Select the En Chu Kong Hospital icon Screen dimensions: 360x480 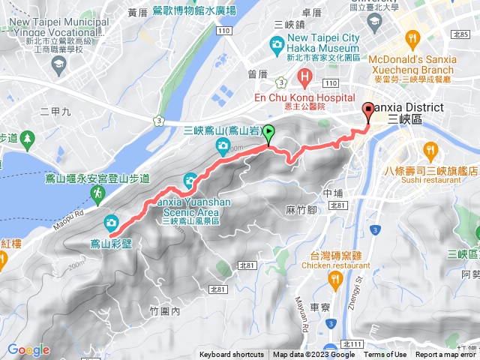pos(304,76)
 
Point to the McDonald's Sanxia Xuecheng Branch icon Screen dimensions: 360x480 pos(412,38)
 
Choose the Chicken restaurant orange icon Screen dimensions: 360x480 pos(334,278)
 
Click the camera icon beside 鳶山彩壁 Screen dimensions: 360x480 pos(111,222)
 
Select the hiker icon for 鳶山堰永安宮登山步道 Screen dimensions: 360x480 pos(97,193)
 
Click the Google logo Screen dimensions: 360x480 pos(28,349)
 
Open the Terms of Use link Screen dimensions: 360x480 pos(385,355)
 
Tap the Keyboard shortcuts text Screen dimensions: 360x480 pos(232,355)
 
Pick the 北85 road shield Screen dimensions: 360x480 pos(460,34)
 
